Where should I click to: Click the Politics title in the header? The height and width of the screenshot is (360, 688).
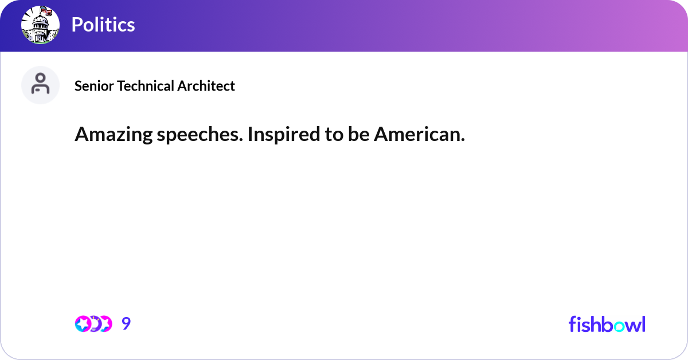click(x=103, y=25)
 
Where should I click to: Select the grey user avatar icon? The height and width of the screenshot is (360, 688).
click(x=40, y=85)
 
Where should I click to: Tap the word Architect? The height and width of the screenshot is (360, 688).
click(x=206, y=86)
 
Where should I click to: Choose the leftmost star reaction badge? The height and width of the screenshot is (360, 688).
click(x=84, y=324)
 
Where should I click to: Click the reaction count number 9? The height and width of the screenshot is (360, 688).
click(x=126, y=324)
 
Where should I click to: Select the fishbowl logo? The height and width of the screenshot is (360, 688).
click(x=607, y=324)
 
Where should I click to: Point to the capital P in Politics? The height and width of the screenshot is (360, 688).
click(x=77, y=25)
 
